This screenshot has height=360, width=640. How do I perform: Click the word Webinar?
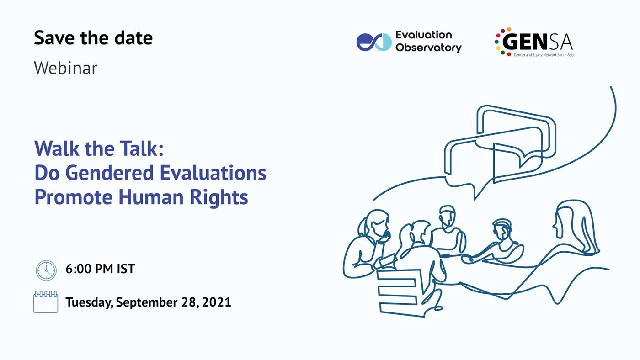(66, 68)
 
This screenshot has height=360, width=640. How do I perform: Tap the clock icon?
(46, 270)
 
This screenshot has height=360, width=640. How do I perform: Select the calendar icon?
(46, 302)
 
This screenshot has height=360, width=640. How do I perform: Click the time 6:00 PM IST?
(100, 269)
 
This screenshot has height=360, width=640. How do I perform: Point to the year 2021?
(216, 302)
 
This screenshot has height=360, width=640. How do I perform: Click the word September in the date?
(147, 302)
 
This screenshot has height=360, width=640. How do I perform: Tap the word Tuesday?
(89, 302)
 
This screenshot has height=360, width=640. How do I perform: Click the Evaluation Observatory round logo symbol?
(374, 42)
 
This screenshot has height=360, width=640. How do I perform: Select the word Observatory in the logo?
(429, 48)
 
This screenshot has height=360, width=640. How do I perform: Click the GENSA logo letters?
(538, 42)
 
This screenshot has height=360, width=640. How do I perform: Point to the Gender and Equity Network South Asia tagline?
(544, 54)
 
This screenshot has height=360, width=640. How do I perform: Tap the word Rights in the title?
(219, 198)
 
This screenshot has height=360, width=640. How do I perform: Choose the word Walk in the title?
(57, 148)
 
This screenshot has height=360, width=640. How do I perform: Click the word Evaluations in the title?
(213, 173)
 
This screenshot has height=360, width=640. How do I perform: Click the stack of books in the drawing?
(400, 293)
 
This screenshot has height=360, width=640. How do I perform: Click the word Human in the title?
(151, 197)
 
